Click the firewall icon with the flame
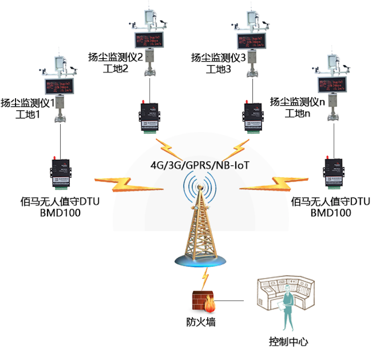[x=203, y=302]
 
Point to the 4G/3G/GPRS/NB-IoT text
[x=200, y=166]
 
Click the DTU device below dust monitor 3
[x=253, y=117]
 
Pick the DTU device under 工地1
[x=61, y=173]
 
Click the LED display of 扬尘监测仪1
[x=60, y=86]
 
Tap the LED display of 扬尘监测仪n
[x=332, y=82]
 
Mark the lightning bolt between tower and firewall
[x=204, y=277]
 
